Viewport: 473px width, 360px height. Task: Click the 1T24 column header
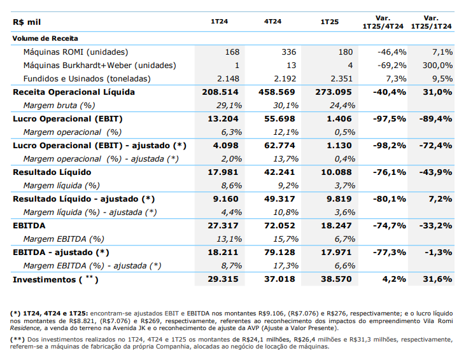221,22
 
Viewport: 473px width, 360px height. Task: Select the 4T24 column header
273,22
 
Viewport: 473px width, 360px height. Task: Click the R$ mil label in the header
25,22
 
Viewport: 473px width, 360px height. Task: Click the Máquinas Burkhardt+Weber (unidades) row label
99,66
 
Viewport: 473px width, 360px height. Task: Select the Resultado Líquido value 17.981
223,172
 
